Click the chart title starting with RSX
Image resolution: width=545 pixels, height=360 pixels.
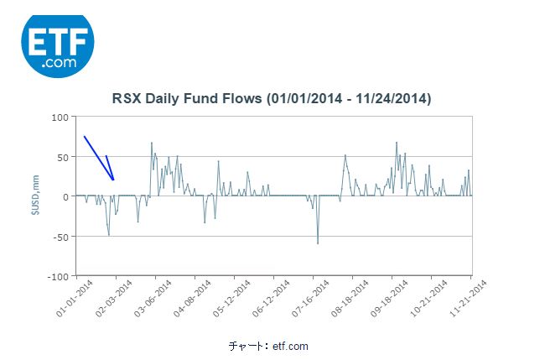point(272,99)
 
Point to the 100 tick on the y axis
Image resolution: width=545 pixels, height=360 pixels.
point(59,117)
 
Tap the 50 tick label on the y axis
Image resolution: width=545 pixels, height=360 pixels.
point(61,157)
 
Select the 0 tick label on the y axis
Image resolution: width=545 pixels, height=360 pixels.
point(65,196)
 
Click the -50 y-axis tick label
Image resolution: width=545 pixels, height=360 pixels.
point(60,237)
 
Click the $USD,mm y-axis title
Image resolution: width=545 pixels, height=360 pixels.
point(34,197)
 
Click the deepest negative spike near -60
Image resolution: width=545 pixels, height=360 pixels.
point(318,243)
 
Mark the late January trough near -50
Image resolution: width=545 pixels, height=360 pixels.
point(109,235)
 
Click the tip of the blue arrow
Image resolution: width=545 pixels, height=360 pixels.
point(113,180)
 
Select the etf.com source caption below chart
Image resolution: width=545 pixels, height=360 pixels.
point(268,346)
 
